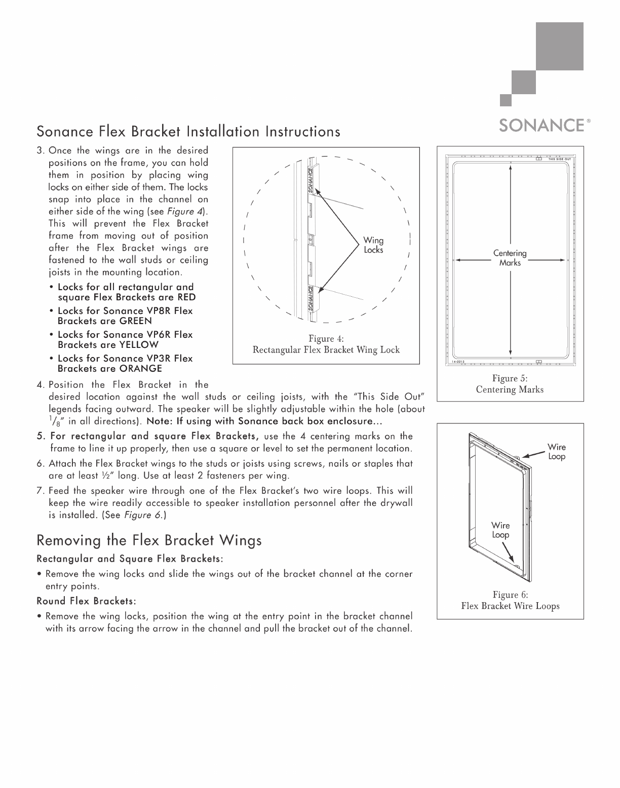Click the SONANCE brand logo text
coord(541,125)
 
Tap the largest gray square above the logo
coord(560,46)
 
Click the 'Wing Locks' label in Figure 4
coord(374,245)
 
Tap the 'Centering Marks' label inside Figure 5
coord(510,258)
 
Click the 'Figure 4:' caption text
coord(326,339)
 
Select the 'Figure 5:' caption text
coord(510,378)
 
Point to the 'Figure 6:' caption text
coord(510,595)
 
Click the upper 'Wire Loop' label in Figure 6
coord(557,452)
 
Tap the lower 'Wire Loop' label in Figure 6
coord(500,530)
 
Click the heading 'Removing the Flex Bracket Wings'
coord(149,541)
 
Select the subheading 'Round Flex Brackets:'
coord(86,601)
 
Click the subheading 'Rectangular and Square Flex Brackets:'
coord(130,559)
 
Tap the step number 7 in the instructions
coord(40,491)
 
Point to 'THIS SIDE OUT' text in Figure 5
coord(560,159)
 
